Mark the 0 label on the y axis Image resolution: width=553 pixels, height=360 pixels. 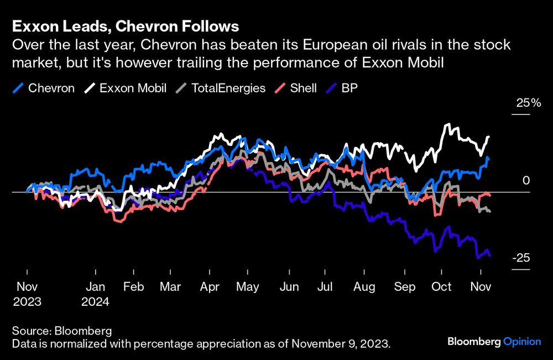point(526,181)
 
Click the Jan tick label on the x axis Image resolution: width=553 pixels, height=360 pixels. point(96,287)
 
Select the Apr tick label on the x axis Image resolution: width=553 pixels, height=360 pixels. point(208,287)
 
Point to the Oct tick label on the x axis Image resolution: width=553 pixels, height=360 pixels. point(441,287)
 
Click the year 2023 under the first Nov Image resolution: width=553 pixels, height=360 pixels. point(27,302)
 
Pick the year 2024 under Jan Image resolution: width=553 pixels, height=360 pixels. point(96,302)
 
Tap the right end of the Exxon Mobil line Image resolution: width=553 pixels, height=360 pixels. point(489,137)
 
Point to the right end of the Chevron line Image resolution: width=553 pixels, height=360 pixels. point(489,159)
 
